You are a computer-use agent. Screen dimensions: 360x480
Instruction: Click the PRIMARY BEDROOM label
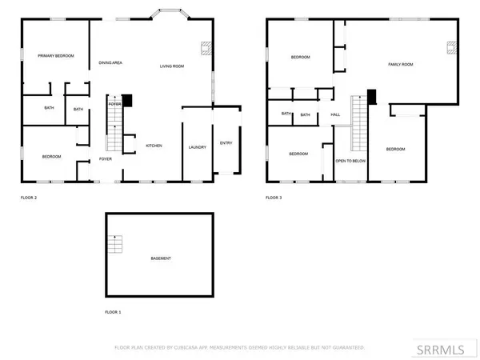pyautogui.click(x=56, y=55)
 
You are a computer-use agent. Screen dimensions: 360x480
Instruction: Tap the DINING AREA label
pyautogui.click(x=110, y=62)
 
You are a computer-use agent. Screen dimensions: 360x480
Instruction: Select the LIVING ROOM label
pyautogui.click(x=171, y=66)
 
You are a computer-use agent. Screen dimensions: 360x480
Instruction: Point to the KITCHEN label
pyautogui.click(x=154, y=146)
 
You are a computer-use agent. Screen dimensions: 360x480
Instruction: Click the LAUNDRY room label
pyautogui.click(x=197, y=147)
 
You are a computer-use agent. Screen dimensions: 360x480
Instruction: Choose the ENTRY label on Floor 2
pyautogui.click(x=226, y=143)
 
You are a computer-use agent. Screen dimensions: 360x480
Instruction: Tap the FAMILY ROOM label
pyautogui.click(x=400, y=63)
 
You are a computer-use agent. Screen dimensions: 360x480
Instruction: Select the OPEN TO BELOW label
pyautogui.click(x=350, y=160)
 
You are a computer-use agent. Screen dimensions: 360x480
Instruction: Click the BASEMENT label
pyautogui.click(x=161, y=258)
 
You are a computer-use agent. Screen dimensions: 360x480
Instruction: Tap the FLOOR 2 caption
pyautogui.click(x=29, y=197)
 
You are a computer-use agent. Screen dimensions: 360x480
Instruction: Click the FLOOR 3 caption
pyautogui.click(x=274, y=197)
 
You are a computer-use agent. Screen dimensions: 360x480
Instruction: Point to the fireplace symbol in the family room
pyautogui.click(x=452, y=46)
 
